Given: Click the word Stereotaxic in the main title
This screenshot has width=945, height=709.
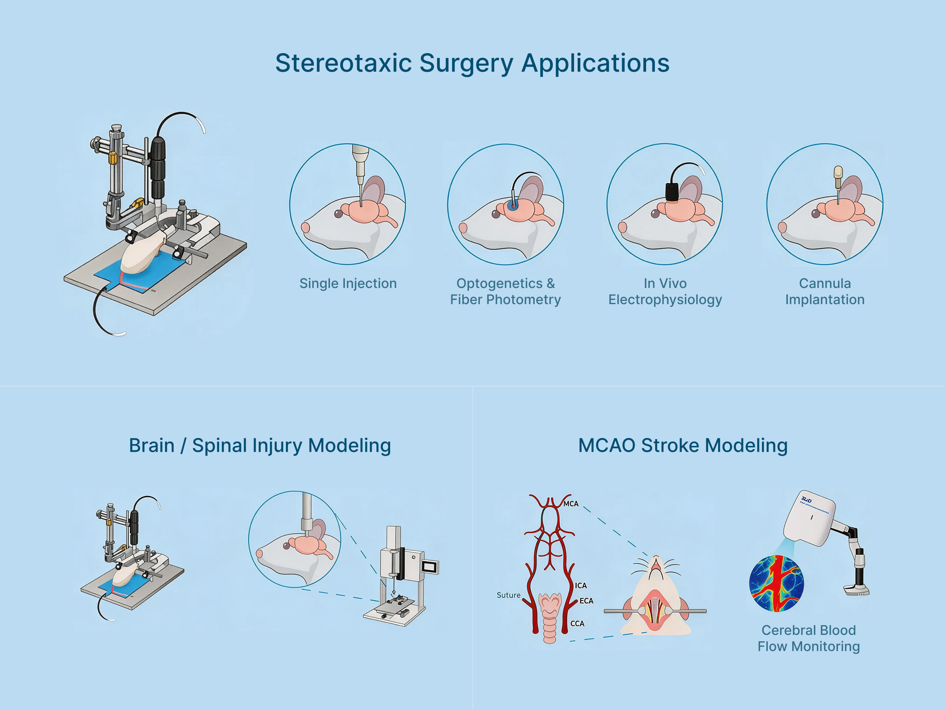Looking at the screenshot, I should (x=343, y=63).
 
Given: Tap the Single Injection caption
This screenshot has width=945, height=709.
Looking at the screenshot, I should (x=348, y=283).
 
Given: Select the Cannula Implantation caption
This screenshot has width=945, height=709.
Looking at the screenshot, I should (x=825, y=291).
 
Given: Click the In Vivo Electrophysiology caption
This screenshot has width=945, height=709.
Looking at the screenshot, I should (x=665, y=291).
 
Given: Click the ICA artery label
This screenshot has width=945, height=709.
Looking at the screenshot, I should (x=581, y=585).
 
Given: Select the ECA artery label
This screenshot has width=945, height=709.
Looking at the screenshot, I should (x=586, y=601).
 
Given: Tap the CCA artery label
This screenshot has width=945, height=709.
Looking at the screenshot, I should (x=577, y=624).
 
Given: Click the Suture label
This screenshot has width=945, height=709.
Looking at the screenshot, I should (x=508, y=595).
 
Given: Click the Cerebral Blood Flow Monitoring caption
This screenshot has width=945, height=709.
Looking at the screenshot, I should (x=808, y=638).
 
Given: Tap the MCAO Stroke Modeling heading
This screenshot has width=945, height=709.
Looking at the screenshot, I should (x=683, y=445).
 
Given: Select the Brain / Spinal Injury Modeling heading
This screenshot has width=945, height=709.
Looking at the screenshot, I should (x=260, y=445).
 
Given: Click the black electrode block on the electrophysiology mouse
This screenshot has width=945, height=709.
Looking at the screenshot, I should (x=672, y=192).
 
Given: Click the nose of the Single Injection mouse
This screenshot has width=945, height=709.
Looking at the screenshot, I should (x=306, y=228).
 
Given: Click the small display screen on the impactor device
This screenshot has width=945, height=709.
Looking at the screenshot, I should (x=430, y=567).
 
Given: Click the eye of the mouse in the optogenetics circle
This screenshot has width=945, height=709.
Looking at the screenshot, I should (x=496, y=214).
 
